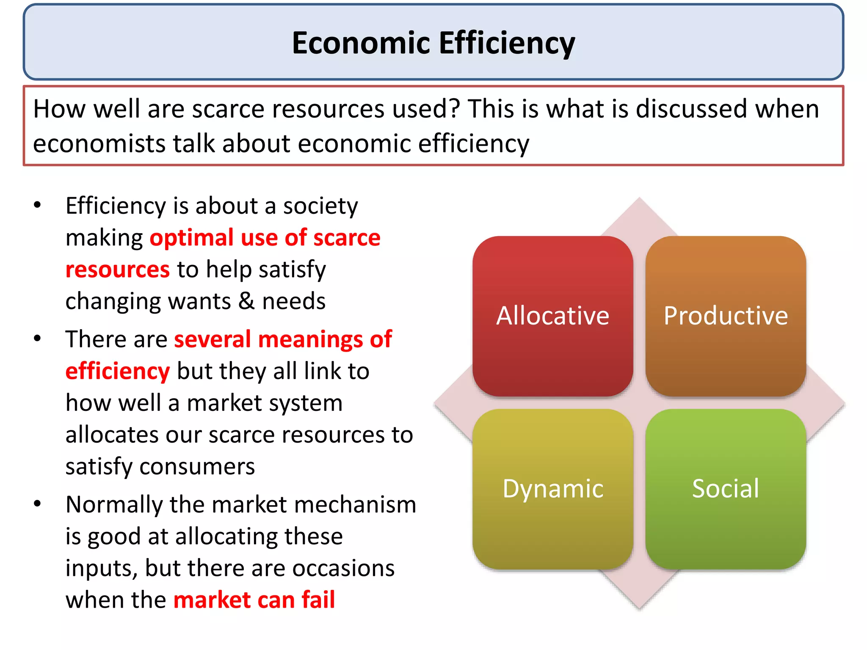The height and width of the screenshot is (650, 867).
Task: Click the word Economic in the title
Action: click(361, 43)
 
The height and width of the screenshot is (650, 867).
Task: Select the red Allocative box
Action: click(552, 316)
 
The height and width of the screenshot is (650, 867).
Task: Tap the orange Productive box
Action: click(725, 316)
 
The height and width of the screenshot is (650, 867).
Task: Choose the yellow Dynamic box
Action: click(552, 489)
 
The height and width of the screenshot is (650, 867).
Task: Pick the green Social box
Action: click(725, 489)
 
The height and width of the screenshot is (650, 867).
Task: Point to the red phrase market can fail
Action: click(254, 600)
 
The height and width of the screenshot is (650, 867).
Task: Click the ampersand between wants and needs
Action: click(246, 302)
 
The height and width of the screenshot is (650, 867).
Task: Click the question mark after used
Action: click(454, 109)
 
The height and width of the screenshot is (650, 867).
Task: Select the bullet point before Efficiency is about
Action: click(38, 205)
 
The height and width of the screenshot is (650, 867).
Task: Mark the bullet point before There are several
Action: click(38, 339)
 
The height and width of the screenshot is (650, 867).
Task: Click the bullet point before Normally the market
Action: click(38, 504)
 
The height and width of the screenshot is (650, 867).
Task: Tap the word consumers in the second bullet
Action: click(197, 467)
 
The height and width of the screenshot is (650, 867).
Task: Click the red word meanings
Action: click(310, 339)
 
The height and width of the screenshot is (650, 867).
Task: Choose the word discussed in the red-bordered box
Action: click(691, 109)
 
